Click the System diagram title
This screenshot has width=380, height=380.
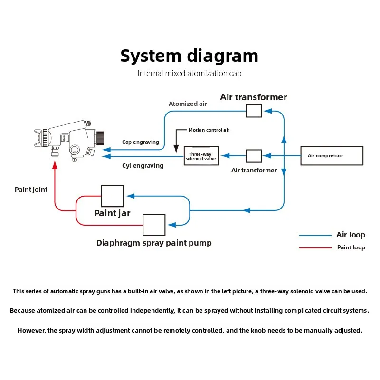tap(189, 56)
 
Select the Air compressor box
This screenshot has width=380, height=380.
tap(332, 156)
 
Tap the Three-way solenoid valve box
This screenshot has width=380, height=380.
tap(201, 156)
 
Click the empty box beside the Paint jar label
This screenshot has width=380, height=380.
tap(113, 196)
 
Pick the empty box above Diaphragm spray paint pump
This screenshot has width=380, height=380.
tap(154, 225)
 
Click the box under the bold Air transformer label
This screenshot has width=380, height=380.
tap(254, 111)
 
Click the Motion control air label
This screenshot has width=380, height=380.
tap(209, 130)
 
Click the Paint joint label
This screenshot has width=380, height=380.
tap(31, 190)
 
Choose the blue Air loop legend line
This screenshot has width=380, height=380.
tap(315, 235)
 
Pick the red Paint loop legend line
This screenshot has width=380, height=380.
tap(315, 247)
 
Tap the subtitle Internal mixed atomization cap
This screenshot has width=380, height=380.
tap(190, 74)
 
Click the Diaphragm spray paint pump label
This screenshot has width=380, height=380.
tap(154, 243)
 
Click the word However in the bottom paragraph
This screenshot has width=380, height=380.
tap(34, 330)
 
